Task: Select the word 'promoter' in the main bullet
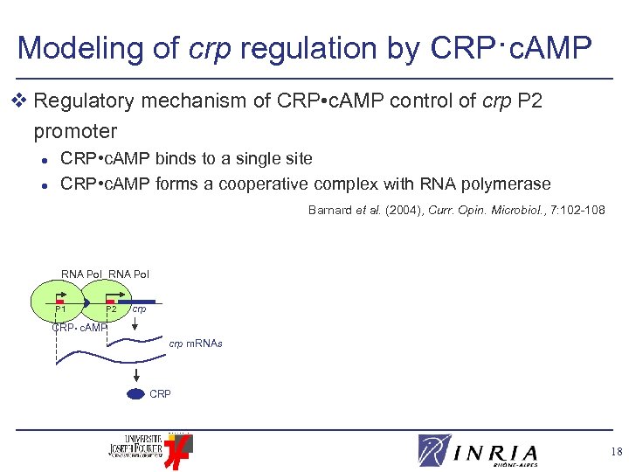coord(75,132)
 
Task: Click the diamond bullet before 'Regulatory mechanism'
coord(22,102)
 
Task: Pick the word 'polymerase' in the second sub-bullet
coord(504,184)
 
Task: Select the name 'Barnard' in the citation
coord(329,210)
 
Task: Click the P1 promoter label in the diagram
coord(60,309)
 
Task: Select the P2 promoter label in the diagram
coord(111,309)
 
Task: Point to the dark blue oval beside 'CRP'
coord(135,394)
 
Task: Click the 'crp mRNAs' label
coord(196,344)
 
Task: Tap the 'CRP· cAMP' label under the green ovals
coord(79,328)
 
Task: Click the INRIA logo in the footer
coord(478,451)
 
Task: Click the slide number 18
coord(617,452)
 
